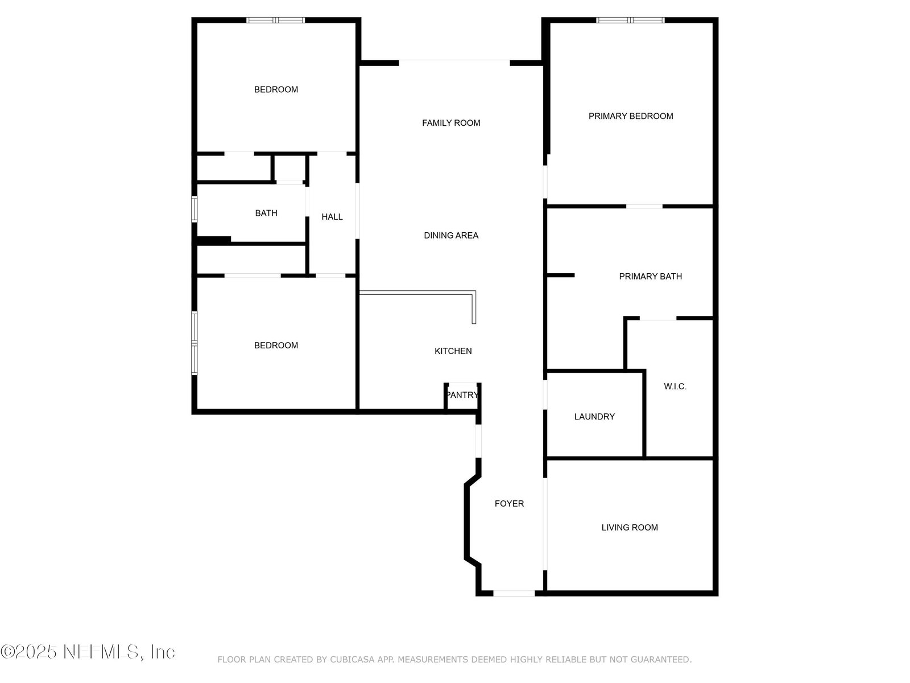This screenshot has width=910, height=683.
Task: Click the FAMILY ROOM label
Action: click(x=451, y=123)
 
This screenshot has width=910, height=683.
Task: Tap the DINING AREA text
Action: click(x=451, y=235)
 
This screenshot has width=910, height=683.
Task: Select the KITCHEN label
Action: click(x=453, y=351)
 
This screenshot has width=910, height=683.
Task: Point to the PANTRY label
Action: click(x=462, y=395)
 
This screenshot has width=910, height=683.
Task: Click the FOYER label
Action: click(x=509, y=504)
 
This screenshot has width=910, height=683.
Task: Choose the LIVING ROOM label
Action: click(x=630, y=528)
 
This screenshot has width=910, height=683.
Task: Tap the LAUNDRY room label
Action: click(x=594, y=417)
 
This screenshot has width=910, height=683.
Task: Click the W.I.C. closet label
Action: click(x=675, y=386)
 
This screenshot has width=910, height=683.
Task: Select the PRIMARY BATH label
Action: click(x=651, y=276)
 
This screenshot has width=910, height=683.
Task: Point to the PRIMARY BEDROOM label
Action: click(x=631, y=116)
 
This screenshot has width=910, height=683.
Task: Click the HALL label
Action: click(x=332, y=216)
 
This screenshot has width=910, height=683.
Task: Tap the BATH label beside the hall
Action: click(x=266, y=213)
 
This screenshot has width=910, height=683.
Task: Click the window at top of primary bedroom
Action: click(x=630, y=20)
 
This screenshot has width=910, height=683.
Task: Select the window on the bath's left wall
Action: click(x=194, y=209)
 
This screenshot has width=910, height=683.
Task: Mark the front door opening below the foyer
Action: click(x=514, y=594)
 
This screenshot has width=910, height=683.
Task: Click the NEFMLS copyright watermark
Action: click(x=88, y=652)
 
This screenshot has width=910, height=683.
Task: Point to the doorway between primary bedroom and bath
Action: click(x=644, y=206)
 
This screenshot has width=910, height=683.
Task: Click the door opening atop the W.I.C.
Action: click(x=658, y=318)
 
